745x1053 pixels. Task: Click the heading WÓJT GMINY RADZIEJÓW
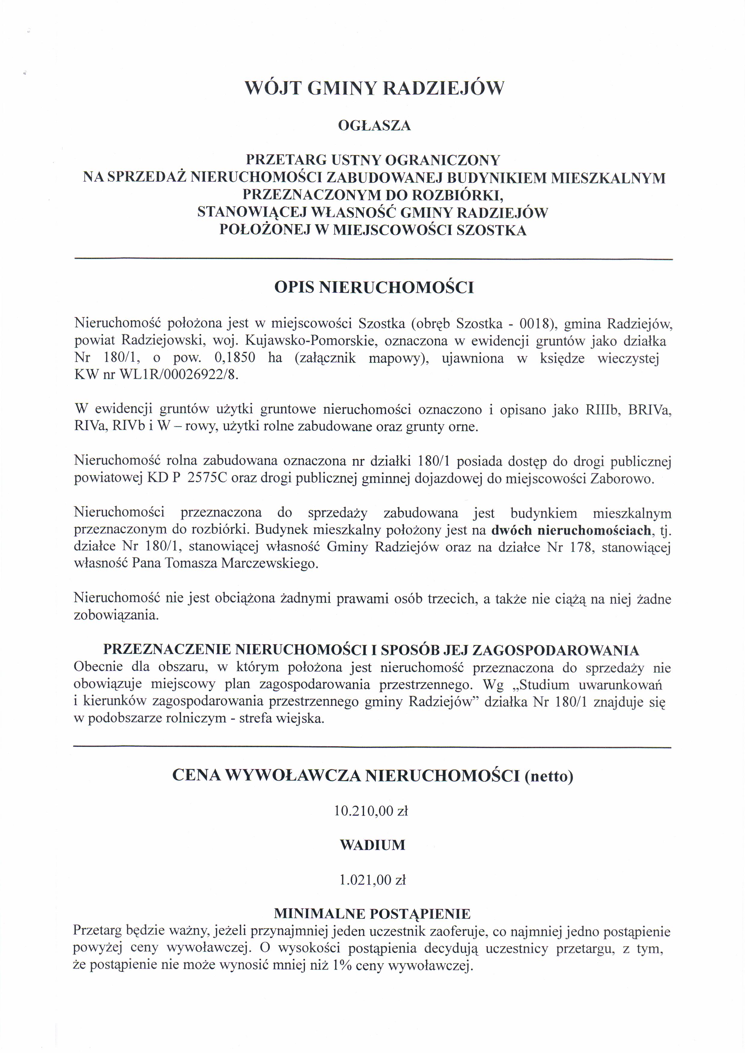pos(374,88)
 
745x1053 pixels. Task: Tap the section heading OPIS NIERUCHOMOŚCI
pos(374,288)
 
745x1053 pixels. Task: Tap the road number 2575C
pos(207,479)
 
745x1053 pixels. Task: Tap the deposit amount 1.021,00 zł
pos(372,880)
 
